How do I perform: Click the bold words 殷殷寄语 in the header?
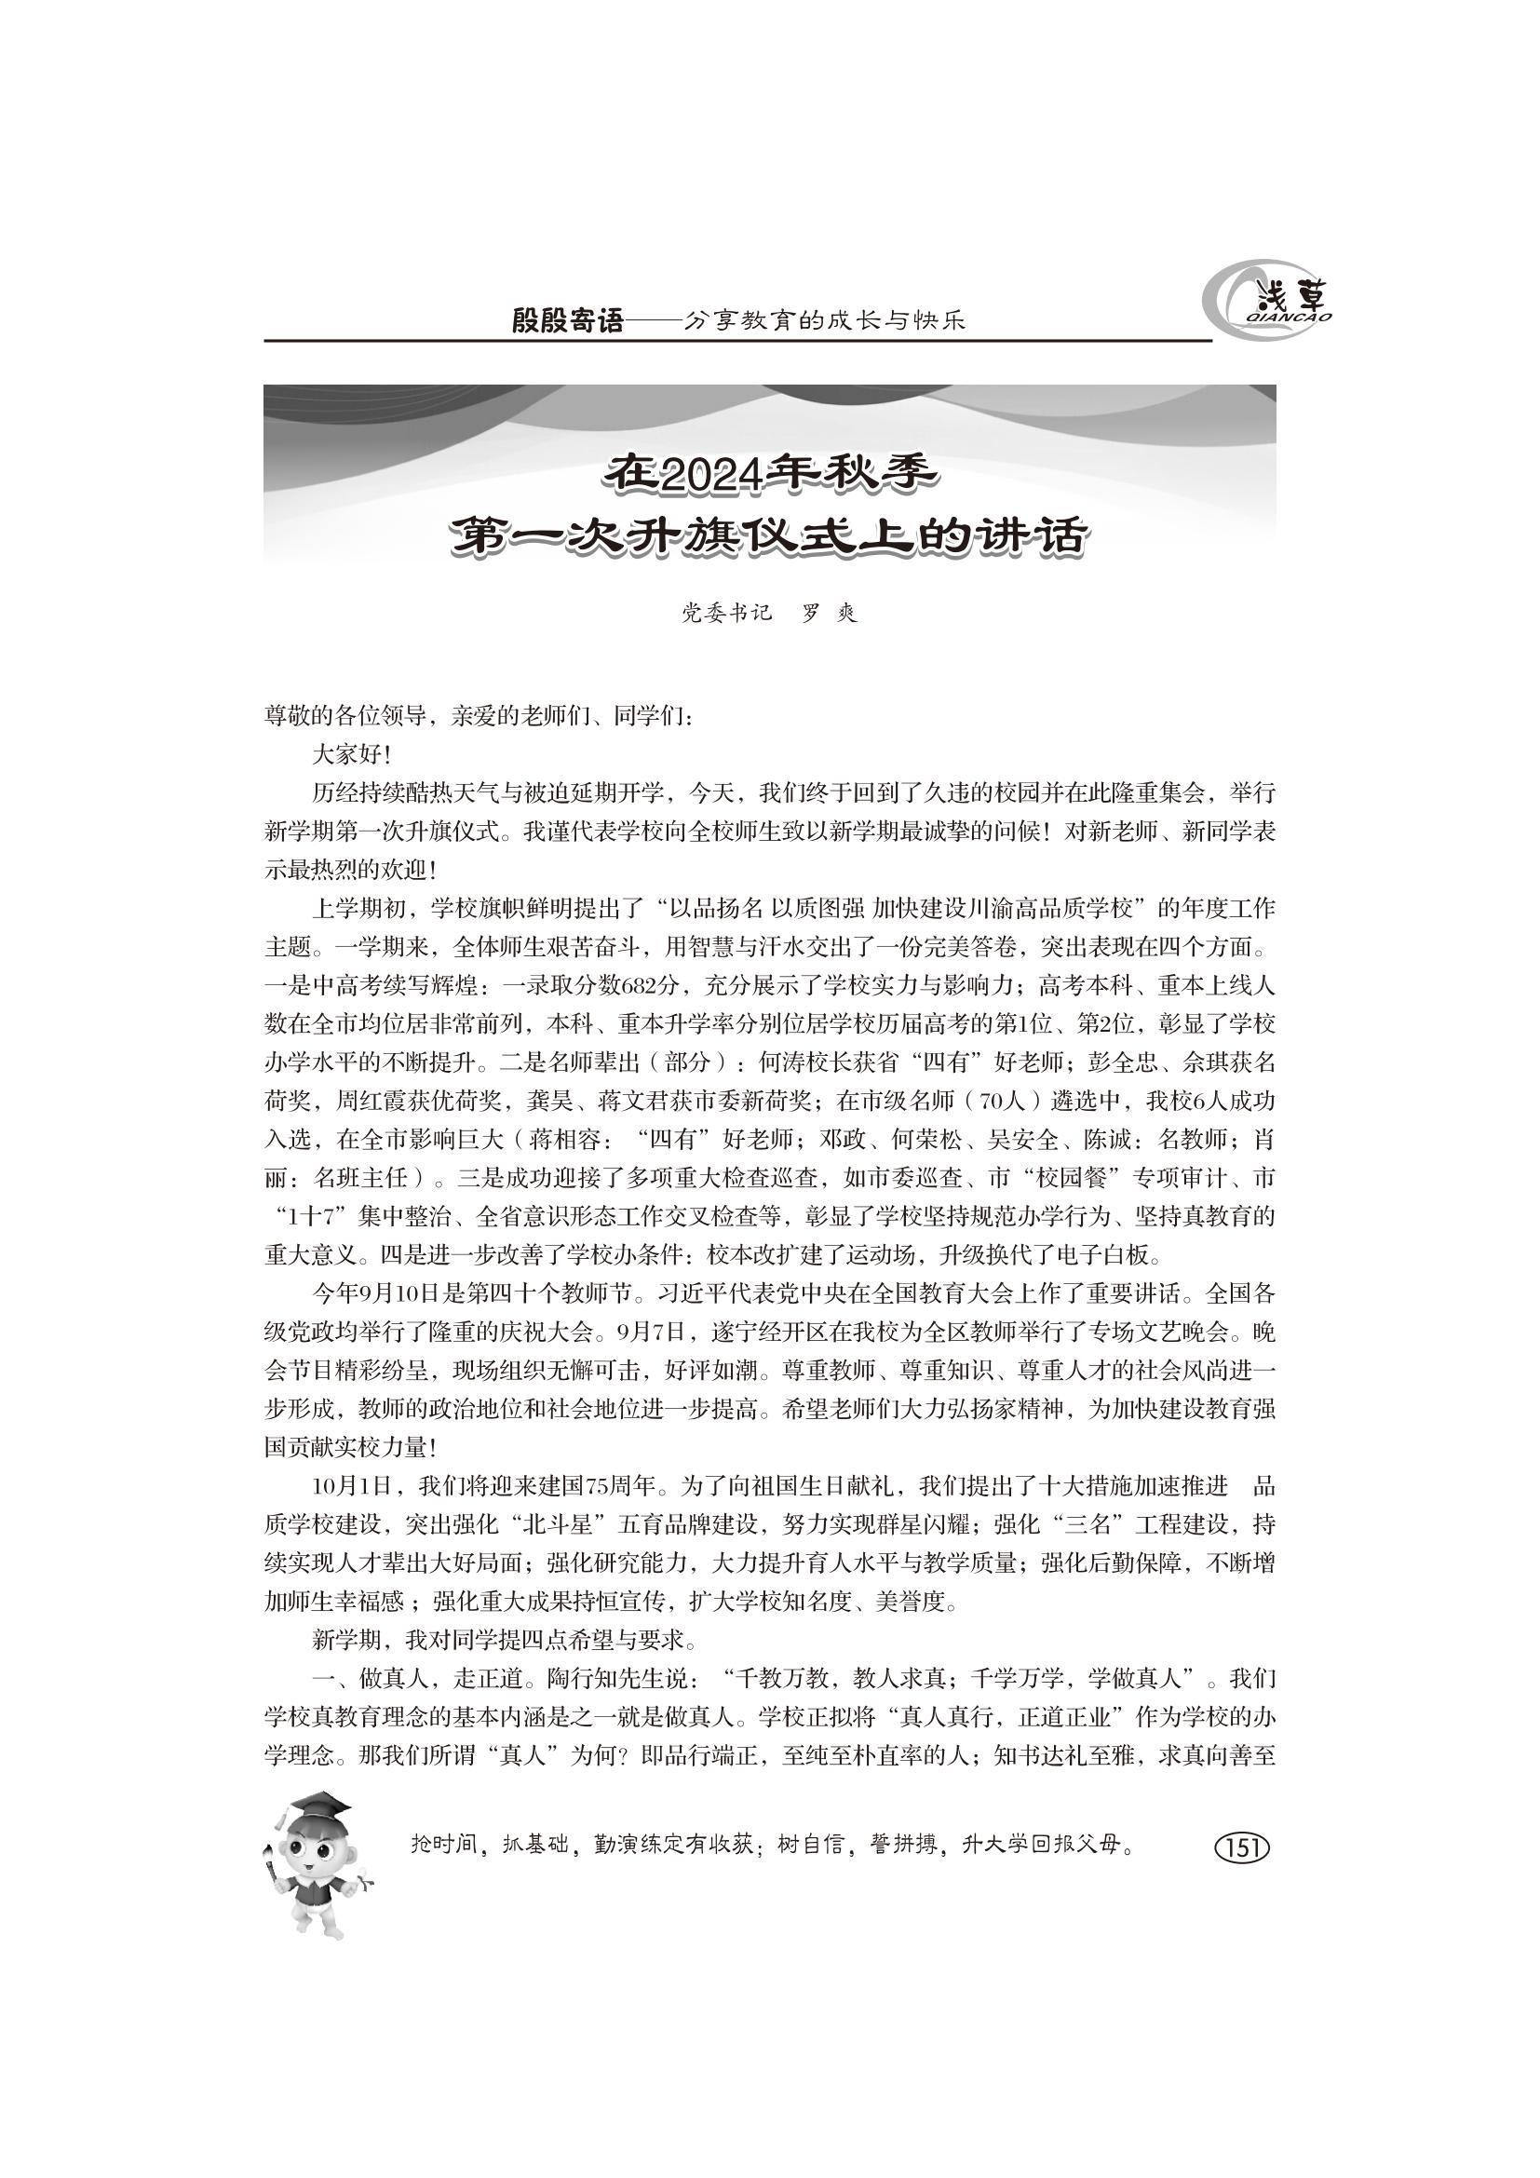(568, 321)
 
